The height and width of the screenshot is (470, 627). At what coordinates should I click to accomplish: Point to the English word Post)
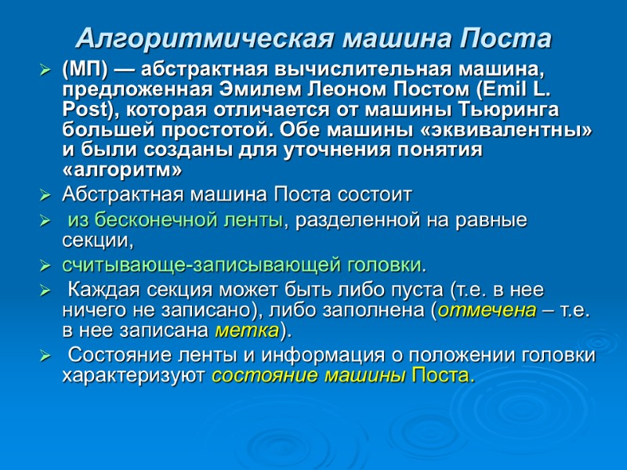(83, 109)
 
